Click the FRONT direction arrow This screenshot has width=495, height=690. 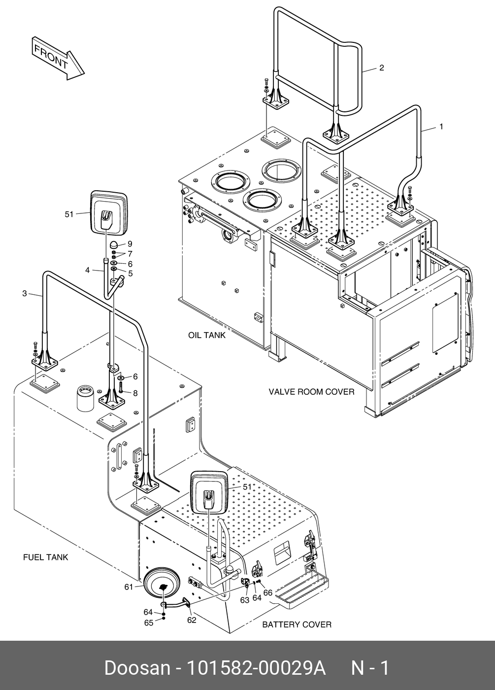58,58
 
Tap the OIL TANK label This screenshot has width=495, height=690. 207,335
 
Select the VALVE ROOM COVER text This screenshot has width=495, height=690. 311,392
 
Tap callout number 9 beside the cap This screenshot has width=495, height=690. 130,243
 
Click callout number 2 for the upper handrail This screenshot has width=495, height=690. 382,68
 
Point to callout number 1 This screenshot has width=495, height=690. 441,127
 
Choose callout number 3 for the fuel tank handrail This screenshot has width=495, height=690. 25,293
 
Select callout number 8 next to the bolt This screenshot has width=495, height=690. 135,393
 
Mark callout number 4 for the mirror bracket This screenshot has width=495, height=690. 88,270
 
